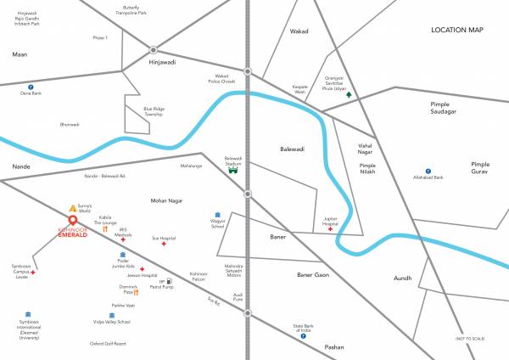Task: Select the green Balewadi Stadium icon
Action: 233,169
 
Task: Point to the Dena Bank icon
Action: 31,87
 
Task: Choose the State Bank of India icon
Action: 304,336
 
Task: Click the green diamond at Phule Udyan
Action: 347,95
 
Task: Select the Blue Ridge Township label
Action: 154,111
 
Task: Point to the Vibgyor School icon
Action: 217,215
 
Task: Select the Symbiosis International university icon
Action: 29,315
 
